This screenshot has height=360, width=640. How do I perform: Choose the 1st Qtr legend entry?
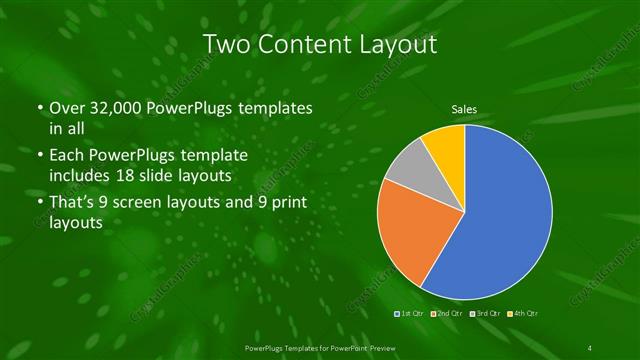(411, 313)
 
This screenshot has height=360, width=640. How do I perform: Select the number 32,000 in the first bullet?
(110, 108)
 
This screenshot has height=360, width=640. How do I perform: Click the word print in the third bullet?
(285, 204)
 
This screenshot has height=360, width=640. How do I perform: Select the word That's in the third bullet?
(71, 204)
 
